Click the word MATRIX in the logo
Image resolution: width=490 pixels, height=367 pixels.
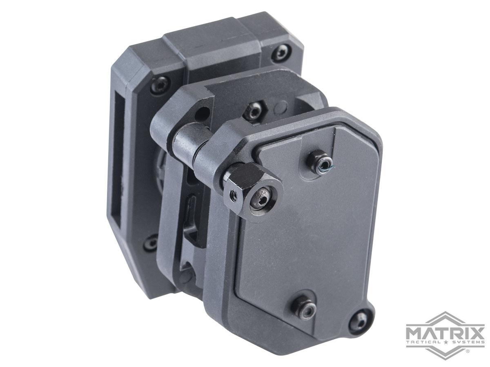pyautogui.click(x=445, y=329)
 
